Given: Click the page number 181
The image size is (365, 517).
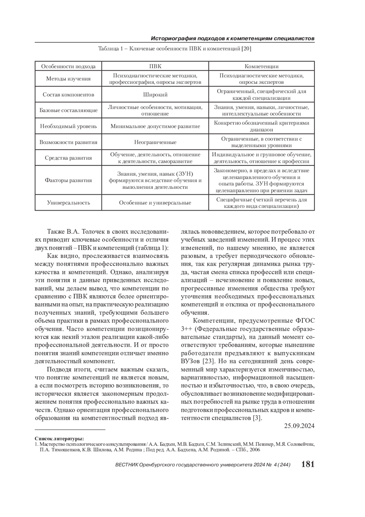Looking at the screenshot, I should [308, 464].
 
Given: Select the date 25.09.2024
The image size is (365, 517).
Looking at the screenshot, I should [299, 426].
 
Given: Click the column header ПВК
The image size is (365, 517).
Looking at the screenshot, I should [155, 66].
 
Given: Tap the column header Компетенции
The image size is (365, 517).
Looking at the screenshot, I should [262, 66].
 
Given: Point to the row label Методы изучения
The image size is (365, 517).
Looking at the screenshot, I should [68, 79].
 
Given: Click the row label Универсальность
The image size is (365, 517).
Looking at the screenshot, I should [68, 202].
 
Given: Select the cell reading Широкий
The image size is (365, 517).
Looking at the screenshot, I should [155, 94].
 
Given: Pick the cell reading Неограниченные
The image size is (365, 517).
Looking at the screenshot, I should [155, 142].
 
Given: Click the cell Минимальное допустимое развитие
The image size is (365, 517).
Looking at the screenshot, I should [155, 126].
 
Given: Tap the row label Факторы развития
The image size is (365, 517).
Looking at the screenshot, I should [68, 180].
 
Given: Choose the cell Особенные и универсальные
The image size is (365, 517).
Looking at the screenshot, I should [155, 202].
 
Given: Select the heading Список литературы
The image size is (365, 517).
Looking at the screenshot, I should [59, 438].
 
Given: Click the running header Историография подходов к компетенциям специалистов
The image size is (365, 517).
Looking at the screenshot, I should [233, 39].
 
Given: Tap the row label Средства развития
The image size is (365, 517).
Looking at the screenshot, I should [68, 158].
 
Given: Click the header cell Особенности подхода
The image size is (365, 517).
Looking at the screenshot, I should [68, 66].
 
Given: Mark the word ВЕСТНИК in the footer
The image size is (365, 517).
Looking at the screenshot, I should [127, 465].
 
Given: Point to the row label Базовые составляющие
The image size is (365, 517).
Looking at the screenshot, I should [68, 110].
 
